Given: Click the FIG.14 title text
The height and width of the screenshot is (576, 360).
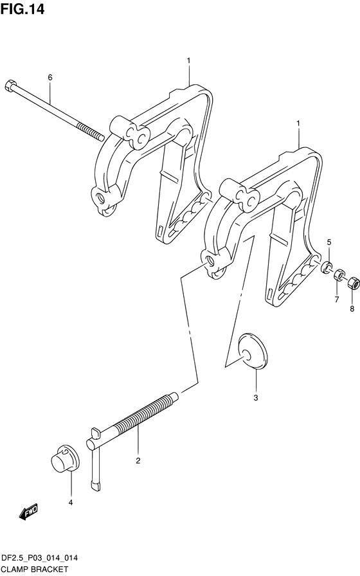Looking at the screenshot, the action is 22,9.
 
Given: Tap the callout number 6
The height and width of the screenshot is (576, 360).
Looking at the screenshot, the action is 50,77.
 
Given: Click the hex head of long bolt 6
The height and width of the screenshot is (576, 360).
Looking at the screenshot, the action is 10,85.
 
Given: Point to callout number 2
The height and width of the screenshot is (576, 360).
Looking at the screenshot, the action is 138,461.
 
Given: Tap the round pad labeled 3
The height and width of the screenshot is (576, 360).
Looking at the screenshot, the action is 253,351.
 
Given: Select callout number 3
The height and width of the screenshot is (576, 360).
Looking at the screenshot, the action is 256,397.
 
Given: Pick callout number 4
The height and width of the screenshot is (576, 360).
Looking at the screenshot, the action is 71,503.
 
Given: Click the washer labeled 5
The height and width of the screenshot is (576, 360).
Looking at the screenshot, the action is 326,267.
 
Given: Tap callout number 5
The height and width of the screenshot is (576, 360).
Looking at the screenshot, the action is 329,242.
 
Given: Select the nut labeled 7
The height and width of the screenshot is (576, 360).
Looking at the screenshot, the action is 339,274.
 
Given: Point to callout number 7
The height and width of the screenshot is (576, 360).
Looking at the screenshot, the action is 336,300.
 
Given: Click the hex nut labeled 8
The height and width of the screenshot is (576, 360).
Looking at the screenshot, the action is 352,282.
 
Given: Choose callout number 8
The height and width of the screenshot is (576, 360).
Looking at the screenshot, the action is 352,309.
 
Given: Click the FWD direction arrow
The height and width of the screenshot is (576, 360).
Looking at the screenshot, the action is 28,511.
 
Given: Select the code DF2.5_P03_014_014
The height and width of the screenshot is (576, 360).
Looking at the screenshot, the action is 40,559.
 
